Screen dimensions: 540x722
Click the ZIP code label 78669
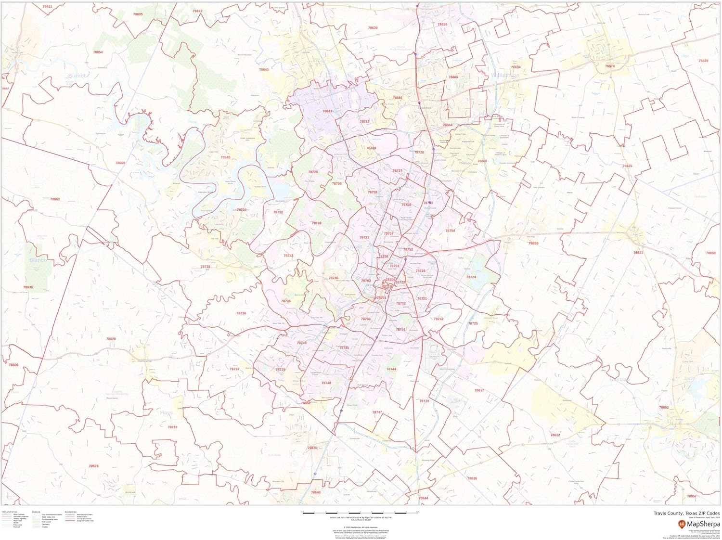(120, 163)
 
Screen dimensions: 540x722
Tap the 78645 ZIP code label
(225, 157)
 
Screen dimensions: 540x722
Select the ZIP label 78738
(206, 266)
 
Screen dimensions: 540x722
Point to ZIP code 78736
(241, 313)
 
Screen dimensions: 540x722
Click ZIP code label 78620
(111, 339)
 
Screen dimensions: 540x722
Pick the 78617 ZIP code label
(479, 390)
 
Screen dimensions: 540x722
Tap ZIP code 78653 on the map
(533, 243)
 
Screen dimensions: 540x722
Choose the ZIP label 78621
(638, 252)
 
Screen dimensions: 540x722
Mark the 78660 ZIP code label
(482, 161)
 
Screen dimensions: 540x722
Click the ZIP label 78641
(264, 69)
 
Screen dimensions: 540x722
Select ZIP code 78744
(391, 369)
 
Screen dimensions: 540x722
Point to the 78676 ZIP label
(94, 466)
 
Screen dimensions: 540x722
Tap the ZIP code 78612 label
(555, 435)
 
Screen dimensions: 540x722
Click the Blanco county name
(38, 260)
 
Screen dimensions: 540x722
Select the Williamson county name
(505, 76)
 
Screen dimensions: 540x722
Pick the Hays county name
(166, 412)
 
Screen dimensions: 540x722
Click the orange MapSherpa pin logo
(682, 524)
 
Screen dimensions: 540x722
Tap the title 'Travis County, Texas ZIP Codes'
(686, 514)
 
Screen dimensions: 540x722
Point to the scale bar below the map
(361, 513)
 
